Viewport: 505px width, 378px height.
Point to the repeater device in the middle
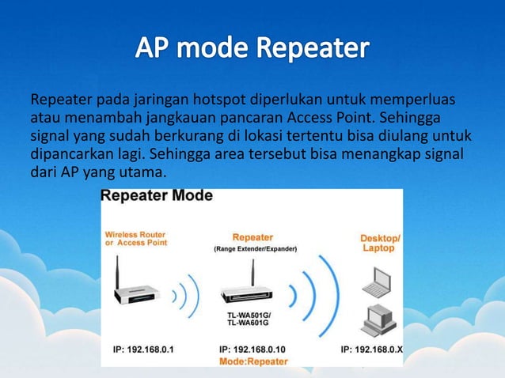[252, 293]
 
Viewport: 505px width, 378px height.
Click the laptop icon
[380, 278]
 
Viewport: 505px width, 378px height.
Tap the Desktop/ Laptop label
[380, 243]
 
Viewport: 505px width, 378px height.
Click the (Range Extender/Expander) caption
[253, 249]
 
